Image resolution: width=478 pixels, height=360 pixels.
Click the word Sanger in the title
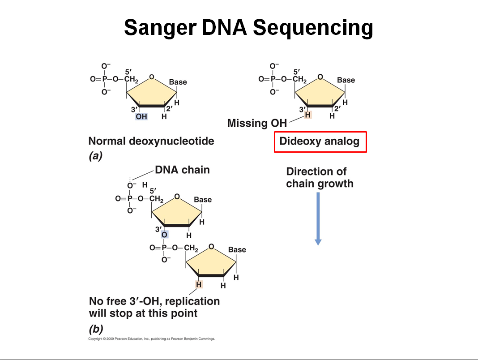(x=159, y=28)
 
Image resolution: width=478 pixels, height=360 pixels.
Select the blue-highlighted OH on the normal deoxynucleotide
(x=141, y=116)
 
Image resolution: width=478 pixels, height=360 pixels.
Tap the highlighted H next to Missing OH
(x=307, y=115)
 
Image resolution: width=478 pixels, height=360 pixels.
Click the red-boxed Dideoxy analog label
(x=320, y=141)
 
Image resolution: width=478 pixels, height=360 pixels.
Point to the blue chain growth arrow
(x=318, y=219)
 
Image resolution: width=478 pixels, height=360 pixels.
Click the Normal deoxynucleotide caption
(x=151, y=141)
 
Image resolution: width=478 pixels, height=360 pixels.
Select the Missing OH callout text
(x=257, y=123)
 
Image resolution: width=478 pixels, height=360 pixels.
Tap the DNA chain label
(x=182, y=170)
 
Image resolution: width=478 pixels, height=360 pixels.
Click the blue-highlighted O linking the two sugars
(x=164, y=235)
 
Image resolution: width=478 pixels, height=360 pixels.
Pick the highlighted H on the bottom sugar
(x=199, y=284)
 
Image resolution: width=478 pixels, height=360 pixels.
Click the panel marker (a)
(x=95, y=156)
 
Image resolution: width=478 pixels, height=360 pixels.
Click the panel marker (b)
(x=96, y=329)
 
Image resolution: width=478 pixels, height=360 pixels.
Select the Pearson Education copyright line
(x=152, y=339)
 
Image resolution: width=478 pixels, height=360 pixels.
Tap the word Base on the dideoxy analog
(x=346, y=80)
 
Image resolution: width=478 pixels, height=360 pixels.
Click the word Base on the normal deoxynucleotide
(x=178, y=82)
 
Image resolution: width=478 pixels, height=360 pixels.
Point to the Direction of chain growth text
(x=320, y=177)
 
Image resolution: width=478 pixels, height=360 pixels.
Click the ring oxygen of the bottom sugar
(x=211, y=247)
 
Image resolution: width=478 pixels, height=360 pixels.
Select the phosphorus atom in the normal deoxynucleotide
(x=104, y=79)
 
